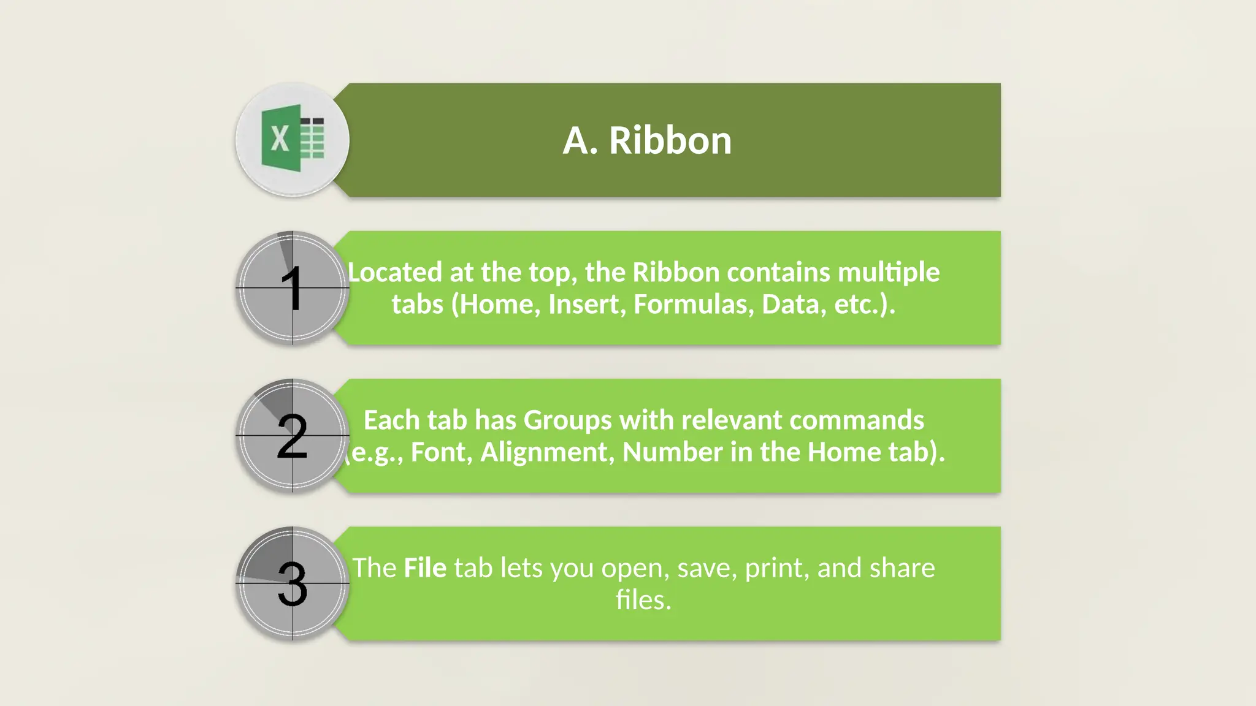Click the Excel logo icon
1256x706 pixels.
click(293, 139)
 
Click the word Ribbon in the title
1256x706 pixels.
click(670, 140)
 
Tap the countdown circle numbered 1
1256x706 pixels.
click(293, 287)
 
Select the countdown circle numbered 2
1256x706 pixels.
click(293, 436)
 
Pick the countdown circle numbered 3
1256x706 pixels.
click(293, 583)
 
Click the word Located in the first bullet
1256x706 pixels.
click(394, 272)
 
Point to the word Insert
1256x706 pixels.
click(587, 305)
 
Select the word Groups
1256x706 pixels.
click(567, 420)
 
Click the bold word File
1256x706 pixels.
click(425, 568)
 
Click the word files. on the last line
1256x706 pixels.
click(643, 600)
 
